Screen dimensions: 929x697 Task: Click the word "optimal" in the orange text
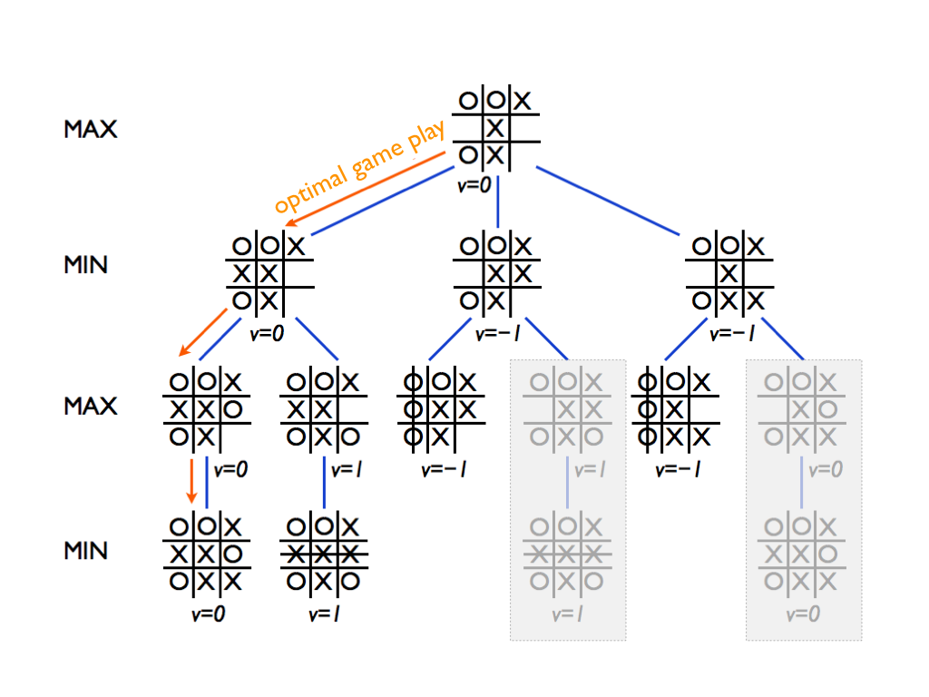[x=310, y=191]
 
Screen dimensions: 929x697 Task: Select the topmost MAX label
[x=91, y=129]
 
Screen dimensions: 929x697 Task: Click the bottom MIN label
[x=86, y=551]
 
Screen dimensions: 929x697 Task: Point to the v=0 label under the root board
[x=474, y=185]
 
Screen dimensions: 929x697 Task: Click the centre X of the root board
[x=495, y=128]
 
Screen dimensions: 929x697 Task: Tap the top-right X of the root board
[x=522, y=101]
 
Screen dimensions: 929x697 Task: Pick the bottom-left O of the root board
[x=468, y=155]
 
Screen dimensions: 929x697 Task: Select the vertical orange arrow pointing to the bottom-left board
[x=191, y=481]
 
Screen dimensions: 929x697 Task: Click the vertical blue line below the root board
[x=498, y=202]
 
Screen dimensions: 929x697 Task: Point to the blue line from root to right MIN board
[x=608, y=201]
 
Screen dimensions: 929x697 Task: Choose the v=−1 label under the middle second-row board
[x=498, y=334]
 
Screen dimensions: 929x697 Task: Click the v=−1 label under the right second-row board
[x=732, y=334]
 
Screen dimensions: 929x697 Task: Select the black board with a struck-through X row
[x=324, y=555]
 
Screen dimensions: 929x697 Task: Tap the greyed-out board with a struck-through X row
[x=567, y=555]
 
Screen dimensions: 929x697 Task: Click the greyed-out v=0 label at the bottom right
[x=803, y=614]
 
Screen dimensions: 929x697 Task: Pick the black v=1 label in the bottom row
[x=324, y=614]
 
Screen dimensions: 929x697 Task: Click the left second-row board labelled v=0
[x=269, y=273]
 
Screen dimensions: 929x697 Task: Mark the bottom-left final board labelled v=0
[x=207, y=555]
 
